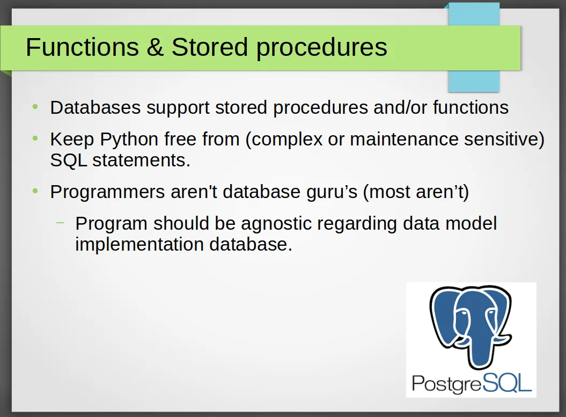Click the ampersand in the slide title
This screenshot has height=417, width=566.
coord(155,47)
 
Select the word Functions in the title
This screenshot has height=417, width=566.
coord(82,47)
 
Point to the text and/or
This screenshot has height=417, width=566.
coord(400,107)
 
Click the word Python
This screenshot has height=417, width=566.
coord(129,140)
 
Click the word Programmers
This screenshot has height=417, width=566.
coord(108,192)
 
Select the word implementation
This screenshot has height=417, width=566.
coord(139,245)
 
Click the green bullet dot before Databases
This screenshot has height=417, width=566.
coord(35,106)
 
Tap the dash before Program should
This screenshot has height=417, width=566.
coord(60,222)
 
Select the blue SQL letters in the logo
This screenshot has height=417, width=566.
coord(506,383)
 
